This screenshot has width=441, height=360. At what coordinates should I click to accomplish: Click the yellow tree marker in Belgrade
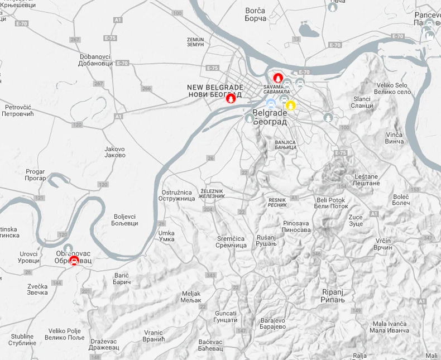[290, 105]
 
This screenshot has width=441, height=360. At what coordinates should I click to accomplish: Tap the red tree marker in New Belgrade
[230, 99]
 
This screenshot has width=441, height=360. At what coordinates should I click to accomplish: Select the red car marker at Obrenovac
[74, 260]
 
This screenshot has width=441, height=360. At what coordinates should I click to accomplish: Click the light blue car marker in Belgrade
[271, 103]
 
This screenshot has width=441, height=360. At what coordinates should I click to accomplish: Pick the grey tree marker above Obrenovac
[68, 248]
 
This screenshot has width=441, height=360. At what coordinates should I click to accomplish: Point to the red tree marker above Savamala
[277, 78]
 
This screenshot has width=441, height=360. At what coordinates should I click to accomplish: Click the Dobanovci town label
[96, 60]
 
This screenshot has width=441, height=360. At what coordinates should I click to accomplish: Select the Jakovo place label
[114, 152]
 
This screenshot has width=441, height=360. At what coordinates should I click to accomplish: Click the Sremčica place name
[231, 242]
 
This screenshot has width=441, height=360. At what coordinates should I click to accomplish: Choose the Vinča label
[394, 138]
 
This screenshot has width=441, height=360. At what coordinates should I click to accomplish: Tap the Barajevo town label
[272, 324]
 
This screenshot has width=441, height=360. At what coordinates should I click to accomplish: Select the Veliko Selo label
[392, 88]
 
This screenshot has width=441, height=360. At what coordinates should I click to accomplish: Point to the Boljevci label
[126, 220]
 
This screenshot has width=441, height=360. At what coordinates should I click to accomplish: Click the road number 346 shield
[316, 255]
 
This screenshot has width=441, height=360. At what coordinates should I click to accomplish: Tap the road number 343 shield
[210, 275]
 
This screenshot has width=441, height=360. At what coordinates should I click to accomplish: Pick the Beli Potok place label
[331, 203]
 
